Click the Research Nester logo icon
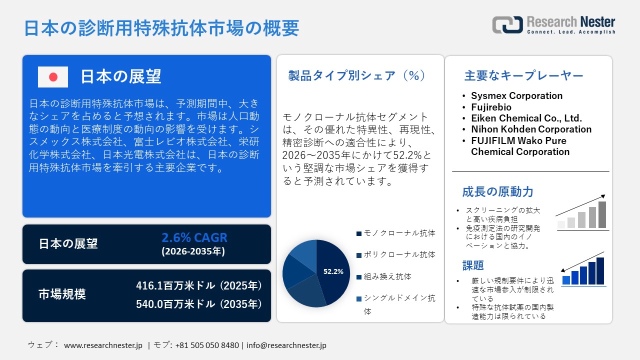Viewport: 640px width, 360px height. tap(507, 24)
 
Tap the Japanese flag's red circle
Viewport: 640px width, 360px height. tap(53, 77)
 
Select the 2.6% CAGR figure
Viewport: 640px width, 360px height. tap(194, 237)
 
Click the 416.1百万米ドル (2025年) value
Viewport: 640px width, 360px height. tap(199, 286)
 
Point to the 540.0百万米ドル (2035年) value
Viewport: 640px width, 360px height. tap(199, 303)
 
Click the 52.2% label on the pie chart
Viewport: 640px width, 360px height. tap(333, 271)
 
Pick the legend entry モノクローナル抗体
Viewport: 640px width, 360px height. tap(399, 233)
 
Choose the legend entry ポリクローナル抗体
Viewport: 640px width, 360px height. tap(399, 254)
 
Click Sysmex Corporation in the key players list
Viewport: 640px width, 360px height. tap(516, 95)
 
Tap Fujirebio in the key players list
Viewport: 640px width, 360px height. tap(491, 107)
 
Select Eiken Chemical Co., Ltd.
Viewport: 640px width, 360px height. tap(526, 118)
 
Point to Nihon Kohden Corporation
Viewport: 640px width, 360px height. tap(531, 129)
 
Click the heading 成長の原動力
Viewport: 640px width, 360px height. tap(497, 191)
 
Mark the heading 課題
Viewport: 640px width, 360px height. tap(473, 265)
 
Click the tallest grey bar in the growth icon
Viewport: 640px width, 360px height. tap(602, 214)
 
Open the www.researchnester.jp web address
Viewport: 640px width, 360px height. tap(103, 345)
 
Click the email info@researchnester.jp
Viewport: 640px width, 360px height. tap(286, 345)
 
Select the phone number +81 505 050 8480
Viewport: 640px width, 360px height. tap(207, 345)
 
